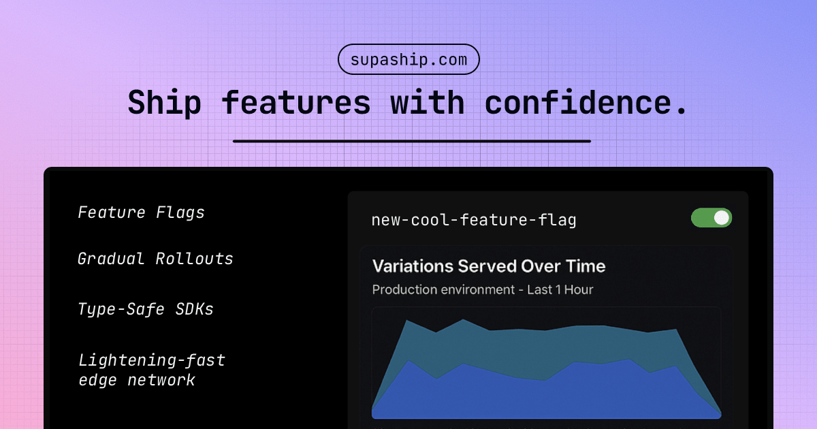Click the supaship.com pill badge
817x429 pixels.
pyautogui.click(x=408, y=59)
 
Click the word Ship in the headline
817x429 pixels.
pyautogui.click(x=164, y=103)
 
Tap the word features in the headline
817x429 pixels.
pyautogui.click(x=296, y=103)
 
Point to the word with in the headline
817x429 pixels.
pyautogui.click(x=427, y=103)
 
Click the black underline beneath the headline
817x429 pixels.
pyautogui.click(x=411, y=141)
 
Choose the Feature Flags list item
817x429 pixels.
pyautogui.click(x=141, y=212)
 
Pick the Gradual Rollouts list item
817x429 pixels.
pyautogui.click(x=155, y=259)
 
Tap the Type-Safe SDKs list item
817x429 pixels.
pyautogui.click(x=146, y=309)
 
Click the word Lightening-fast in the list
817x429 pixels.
pyautogui.click(x=151, y=360)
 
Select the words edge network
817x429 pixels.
pyautogui.click(x=137, y=380)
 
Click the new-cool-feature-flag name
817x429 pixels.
pyautogui.click(x=474, y=220)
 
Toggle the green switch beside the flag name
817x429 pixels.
pyautogui.click(x=711, y=218)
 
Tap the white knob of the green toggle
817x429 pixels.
pyautogui.click(x=722, y=218)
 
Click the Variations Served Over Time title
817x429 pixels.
pyautogui.click(x=489, y=266)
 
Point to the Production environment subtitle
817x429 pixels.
pyautogui.click(x=443, y=289)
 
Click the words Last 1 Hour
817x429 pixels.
pyautogui.click(x=560, y=289)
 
